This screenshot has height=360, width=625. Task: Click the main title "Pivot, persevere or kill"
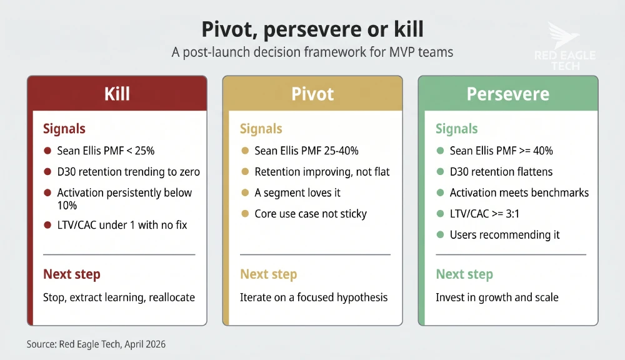click(312, 29)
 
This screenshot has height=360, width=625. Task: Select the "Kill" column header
click(117, 94)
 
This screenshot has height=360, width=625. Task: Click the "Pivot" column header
click(312, 94)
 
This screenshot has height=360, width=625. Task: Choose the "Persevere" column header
click(507, 94)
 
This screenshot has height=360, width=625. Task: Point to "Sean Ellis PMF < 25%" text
click(106, 151)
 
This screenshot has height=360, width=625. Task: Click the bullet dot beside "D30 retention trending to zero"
click(47, 172)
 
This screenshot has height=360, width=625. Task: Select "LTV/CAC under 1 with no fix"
click(122, 224)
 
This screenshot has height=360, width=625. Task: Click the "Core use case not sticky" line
click(311, 214)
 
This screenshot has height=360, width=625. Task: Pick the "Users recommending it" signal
click(504, 235)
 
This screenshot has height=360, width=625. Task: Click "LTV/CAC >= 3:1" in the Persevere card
click(484, 214)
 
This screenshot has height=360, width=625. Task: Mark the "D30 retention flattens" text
click(501, 171)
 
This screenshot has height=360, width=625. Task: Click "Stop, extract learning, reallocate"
click(119, 297)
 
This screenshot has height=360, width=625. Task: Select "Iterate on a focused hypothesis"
click(314, 297)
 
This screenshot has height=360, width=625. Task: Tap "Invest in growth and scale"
click(497, 297)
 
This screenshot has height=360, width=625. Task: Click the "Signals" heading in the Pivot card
click(261, 129)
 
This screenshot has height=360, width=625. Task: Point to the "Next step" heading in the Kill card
click(71, 274)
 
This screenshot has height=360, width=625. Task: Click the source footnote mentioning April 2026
click(97, 344)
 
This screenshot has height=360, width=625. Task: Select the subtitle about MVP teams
click(312, 52)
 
